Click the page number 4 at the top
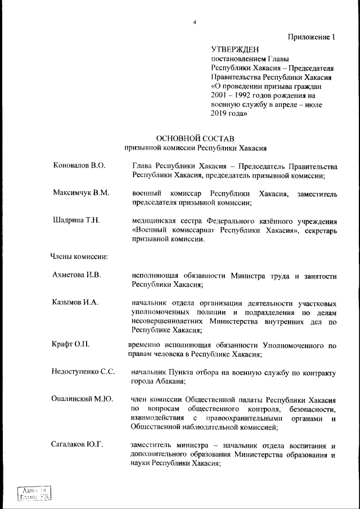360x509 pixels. click(195, 22)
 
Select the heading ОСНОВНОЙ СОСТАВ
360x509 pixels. click(195, 138)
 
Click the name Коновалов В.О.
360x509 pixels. click(79, 166)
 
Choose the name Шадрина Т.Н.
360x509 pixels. click(76, 220)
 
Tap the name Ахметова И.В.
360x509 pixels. click(76, 275)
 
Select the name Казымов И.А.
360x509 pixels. click(75, 302)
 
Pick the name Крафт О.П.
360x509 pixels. click(71, 343)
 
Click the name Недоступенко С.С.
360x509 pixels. click(84, 372)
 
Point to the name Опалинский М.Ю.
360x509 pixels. click(82, 399)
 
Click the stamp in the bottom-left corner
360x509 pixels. click(35, 493)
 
